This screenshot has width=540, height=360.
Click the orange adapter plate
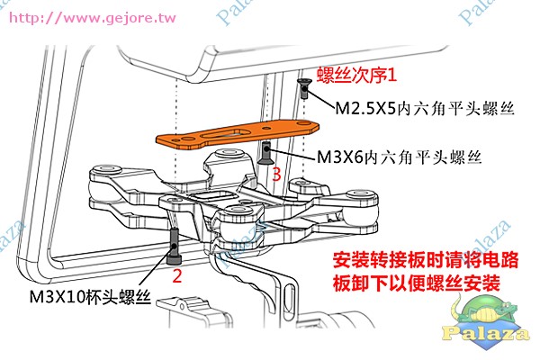[x=238, y=135]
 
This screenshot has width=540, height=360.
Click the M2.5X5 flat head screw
[x=304, y=88]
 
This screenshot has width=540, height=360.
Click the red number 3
[x=276, y=175]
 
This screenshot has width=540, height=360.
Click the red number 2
[x=177, y=275]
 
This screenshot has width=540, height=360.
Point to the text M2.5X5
[x=365, y=108]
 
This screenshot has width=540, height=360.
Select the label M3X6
[x=340, y=157]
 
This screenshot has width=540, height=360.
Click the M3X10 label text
[x=57, y=297]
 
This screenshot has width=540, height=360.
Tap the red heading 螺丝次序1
[x=356, y=75]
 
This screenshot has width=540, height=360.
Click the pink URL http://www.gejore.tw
[x=93, y=18]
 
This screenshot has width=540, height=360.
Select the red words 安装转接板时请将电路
[x=426, y=260]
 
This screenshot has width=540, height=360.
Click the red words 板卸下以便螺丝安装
[x=417, y=283]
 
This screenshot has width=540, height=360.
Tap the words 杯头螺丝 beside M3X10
[x=118, y=297]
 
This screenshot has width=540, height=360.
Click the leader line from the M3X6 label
[x=292, y=154]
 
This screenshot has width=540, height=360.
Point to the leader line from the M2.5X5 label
[x=320, y=99]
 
